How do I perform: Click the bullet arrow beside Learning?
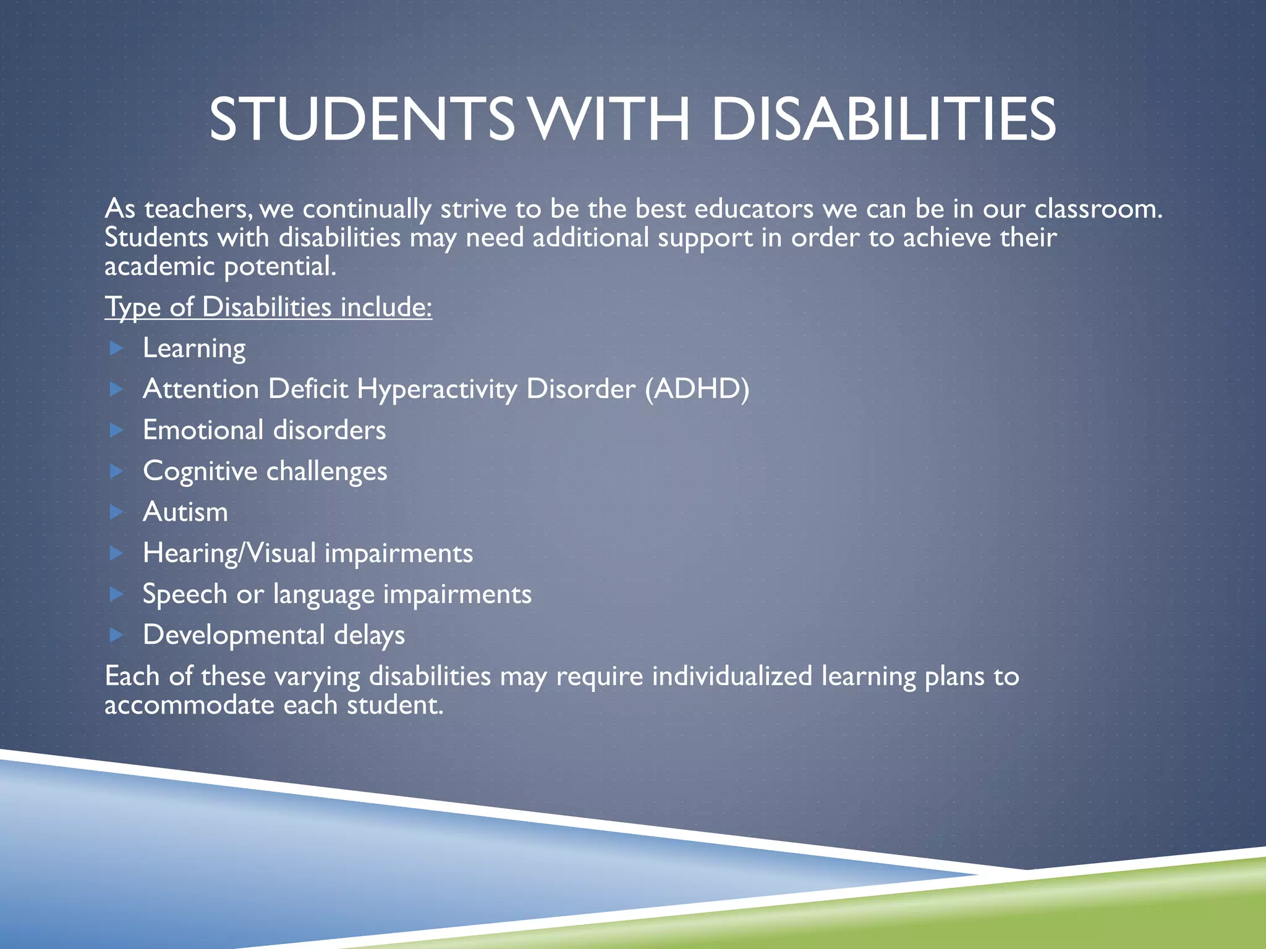click(117, 348)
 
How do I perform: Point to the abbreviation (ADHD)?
click(697, 389)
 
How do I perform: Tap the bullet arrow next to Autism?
click(117, 512)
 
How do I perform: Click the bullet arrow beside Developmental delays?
click(117, 635)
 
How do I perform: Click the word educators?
click(754, 209)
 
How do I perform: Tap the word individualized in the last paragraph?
click(732, 676)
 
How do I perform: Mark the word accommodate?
click(189, 705)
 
